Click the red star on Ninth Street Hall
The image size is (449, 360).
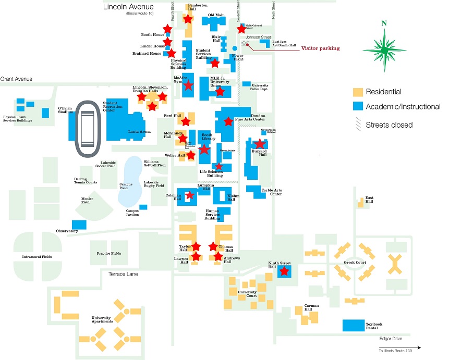[x=284, y=271]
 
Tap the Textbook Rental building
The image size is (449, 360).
[x=353, y=325]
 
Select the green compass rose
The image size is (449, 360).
[x=384, y=50]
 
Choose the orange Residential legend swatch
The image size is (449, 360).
[x=357, y=92]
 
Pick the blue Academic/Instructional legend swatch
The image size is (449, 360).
[x=357, y=107]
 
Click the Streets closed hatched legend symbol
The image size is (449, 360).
[x=357, y=125]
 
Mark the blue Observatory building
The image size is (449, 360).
[x=79, y=225]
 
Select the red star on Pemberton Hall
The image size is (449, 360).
[x=188, y=19]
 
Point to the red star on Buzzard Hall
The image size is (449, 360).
[x=259, y=144]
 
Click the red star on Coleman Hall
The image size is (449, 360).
[x=190, y=195]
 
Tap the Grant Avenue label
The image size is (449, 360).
[x=16, y=79]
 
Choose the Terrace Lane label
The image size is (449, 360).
[x=123, y=274]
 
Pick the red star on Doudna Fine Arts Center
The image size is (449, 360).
[x=228, y=121]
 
